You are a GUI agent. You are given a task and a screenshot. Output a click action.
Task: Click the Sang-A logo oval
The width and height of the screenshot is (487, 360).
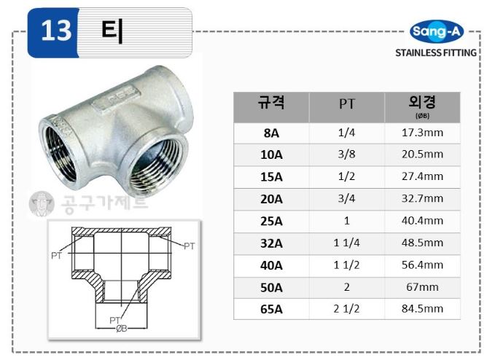pyautogui.click(x=437, y=31)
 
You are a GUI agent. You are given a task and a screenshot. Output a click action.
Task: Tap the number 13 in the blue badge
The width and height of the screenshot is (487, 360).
pyautogui.click(x=56, y=31)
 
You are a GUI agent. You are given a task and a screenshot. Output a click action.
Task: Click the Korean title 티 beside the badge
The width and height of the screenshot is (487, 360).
pyautogui.click(x=112, y=31)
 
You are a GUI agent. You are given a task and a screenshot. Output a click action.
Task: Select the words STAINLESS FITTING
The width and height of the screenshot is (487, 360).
pyautogui.click(x=436, y=52)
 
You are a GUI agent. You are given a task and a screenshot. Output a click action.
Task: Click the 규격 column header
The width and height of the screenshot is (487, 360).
pyautogui.click(x=271, y=103)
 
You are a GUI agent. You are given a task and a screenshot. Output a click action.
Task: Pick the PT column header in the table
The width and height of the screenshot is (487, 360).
pyautogui.click(x=346, y=103)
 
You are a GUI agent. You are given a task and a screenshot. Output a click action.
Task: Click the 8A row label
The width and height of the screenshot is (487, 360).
pyautogui.click(x=271, y=133)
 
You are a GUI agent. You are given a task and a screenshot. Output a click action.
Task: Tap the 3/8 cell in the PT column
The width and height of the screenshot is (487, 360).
pyautogui.click(x=346, y=154)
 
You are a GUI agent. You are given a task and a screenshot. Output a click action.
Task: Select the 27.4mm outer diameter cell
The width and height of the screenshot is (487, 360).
pyautogui.click(x=422, y=176)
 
